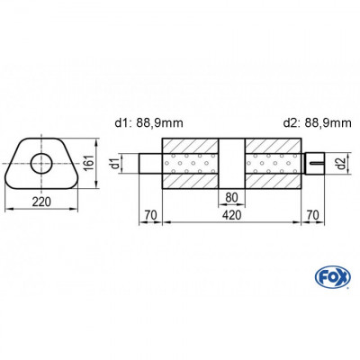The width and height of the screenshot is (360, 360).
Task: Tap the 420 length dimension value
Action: (231, 215)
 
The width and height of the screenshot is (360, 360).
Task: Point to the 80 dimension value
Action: (231, 198)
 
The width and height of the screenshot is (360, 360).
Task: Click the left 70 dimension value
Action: (149, 215)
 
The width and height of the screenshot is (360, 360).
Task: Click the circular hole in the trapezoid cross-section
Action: (40, 163)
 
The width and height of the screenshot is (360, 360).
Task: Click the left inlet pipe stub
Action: (149, 164)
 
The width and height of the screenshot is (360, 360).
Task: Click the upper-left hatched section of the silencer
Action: (190, 146)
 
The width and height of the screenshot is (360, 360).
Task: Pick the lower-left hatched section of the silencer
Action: (190, 182)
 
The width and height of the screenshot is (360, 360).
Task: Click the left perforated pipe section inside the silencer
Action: (190, 164)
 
